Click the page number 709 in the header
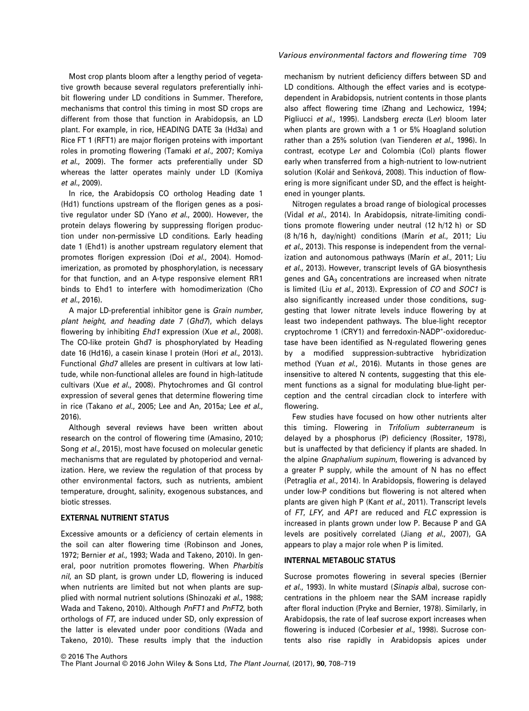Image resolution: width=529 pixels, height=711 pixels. (x=479, y=55)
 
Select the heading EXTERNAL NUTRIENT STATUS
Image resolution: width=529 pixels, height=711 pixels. (x=115, y=518)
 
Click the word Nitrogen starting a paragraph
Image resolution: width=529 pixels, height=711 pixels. (x=309, y=205)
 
